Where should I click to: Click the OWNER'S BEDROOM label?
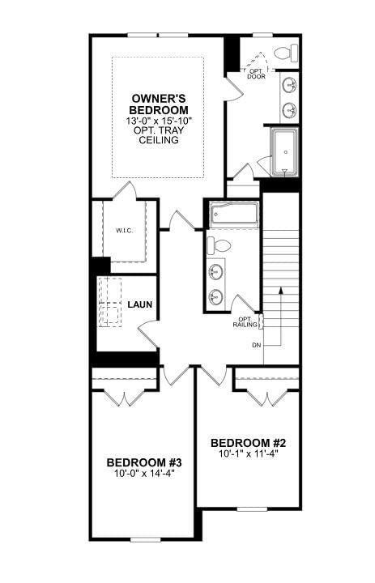160,104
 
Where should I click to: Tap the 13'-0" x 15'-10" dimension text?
160,121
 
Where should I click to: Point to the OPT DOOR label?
257,74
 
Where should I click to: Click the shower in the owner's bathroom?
284,151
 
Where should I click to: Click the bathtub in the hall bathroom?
233,215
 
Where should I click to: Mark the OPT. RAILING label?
245,321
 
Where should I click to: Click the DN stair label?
257,346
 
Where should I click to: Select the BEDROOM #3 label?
144,462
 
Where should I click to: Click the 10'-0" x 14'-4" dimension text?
144,474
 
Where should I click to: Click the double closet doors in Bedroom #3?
124,398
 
